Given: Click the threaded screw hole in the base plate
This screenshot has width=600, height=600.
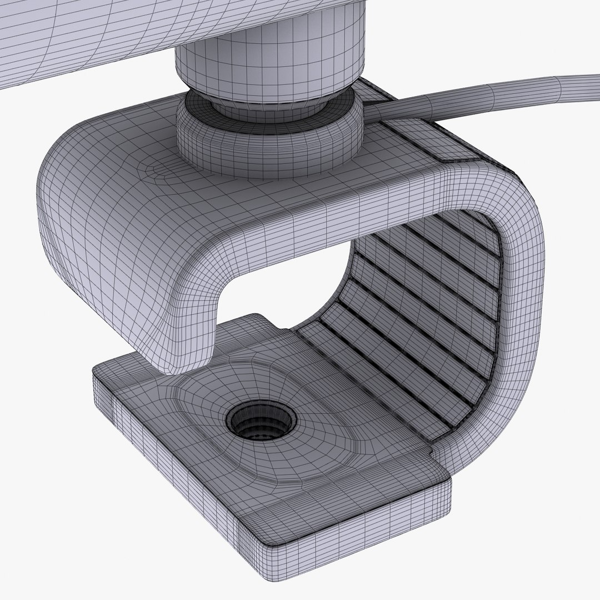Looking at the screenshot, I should coord(261,420).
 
